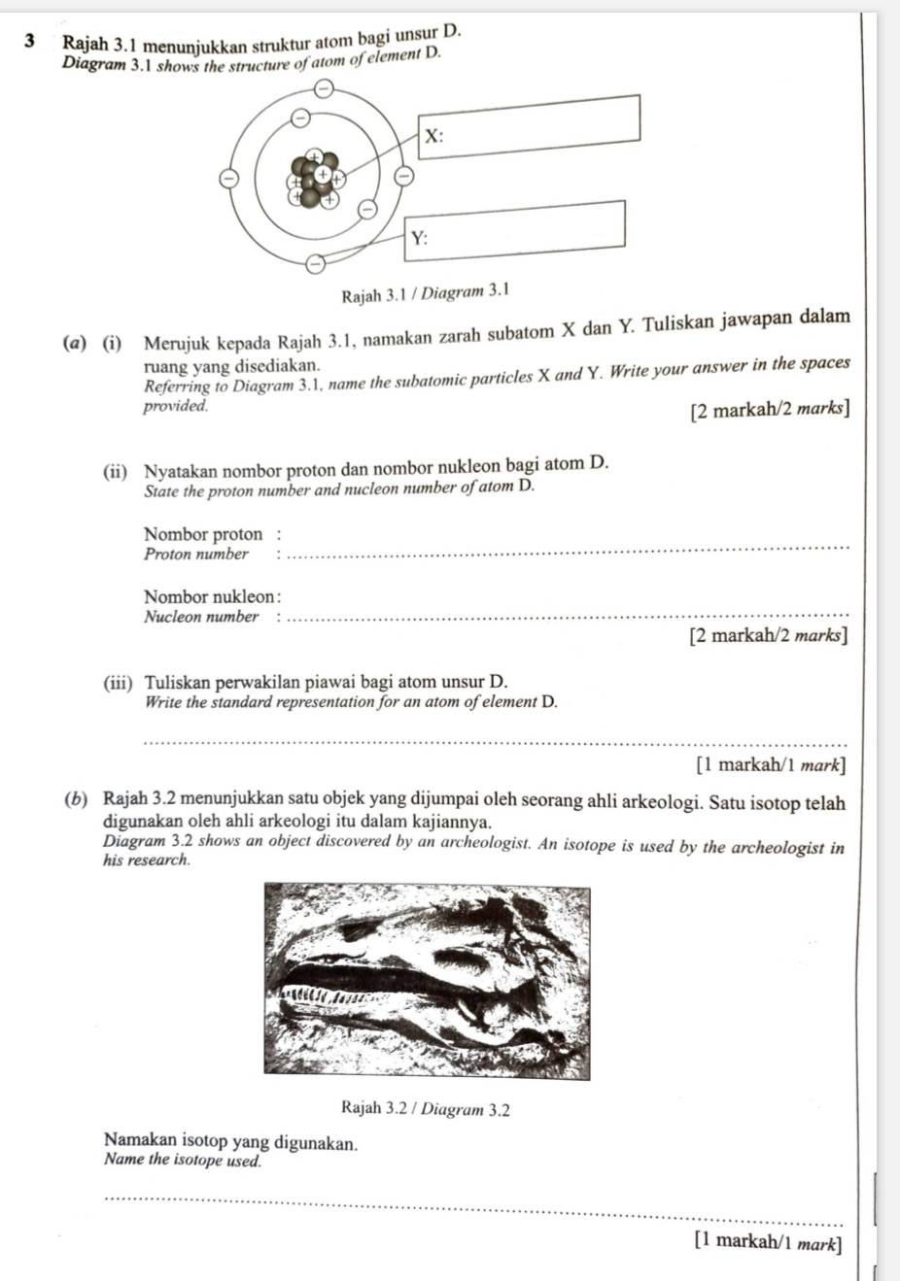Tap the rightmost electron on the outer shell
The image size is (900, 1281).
[x=400, y=176]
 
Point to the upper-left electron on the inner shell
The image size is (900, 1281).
[x=301, y=118]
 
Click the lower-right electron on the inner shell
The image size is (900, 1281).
[x=366, y=209]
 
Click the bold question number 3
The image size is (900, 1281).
[x=34, y=42]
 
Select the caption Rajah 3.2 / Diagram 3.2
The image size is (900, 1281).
[x=426, y=1109]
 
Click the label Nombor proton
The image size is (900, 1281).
[x=203, y=534]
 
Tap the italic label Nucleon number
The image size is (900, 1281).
[x=201, y=617]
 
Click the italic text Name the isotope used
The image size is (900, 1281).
[x=183, y=1160]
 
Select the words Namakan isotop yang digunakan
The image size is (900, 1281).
[x=230, y=1142]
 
